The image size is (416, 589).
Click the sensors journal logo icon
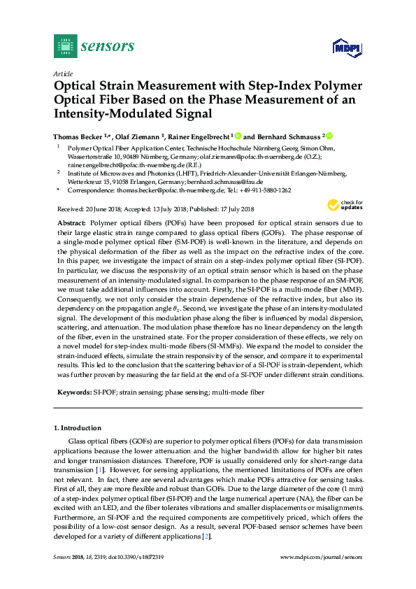click(64, 47)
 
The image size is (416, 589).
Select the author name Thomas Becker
click(79, 136)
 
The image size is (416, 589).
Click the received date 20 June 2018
click(107, 209)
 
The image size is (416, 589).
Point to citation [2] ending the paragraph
click(206, 536)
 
